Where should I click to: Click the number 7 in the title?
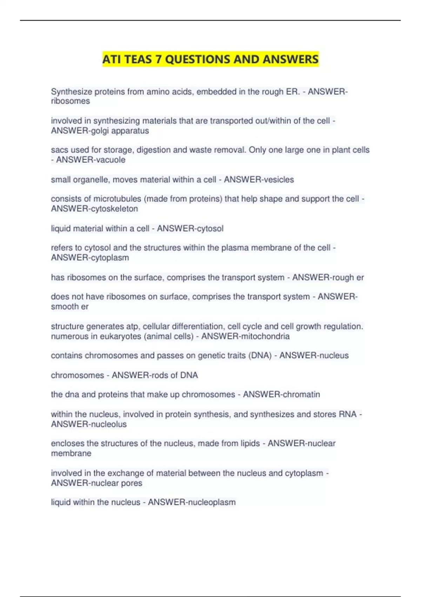pyautogui.click(x=159, y=59)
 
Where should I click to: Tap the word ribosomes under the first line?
pyautogui.click(x=70, y=101)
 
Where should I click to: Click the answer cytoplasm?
pyautogui.click(x=109, y=257)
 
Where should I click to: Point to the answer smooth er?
pyautogui.click(x=69, y=307)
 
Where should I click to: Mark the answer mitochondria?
pyautogui.click(x=266, y=336)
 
